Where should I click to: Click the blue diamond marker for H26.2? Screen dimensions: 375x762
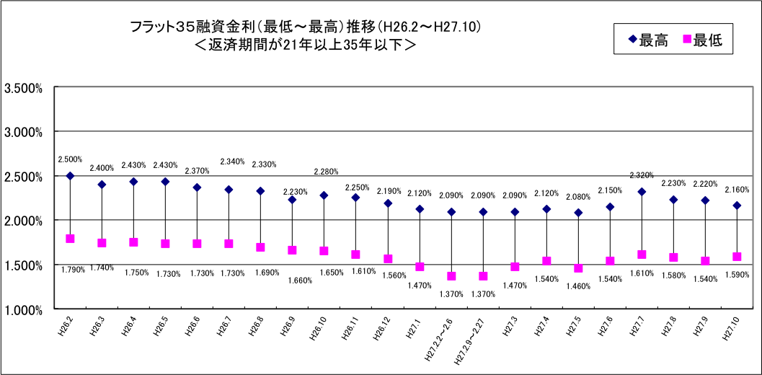[x=70, y=176]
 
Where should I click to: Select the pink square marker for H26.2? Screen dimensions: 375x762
[x=70, y=239]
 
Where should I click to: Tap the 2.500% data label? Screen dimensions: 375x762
[x=70, y=159]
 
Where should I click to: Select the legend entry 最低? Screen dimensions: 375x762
[x=704, y=41]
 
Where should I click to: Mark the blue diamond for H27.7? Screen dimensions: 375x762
[x=642, y=192]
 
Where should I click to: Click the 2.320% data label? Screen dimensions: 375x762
[x=642, y=175]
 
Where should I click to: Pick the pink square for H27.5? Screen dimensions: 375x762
[x=578, y=268]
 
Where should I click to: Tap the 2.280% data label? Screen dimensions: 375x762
[x=326, y=172]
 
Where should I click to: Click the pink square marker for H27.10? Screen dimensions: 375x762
[x=737, y=257]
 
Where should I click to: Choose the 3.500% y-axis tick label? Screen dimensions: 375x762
[x=24, y=88]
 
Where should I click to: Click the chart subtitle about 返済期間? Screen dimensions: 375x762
[x=305, y=44]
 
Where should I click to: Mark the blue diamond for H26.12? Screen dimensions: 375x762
[x=388, y=203]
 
